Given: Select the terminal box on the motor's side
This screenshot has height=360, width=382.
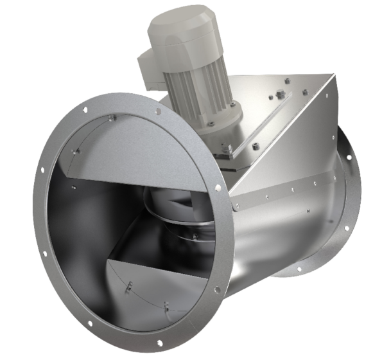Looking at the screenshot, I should click(149, 68).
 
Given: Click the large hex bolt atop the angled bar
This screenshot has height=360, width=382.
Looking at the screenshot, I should click(281, 95).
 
